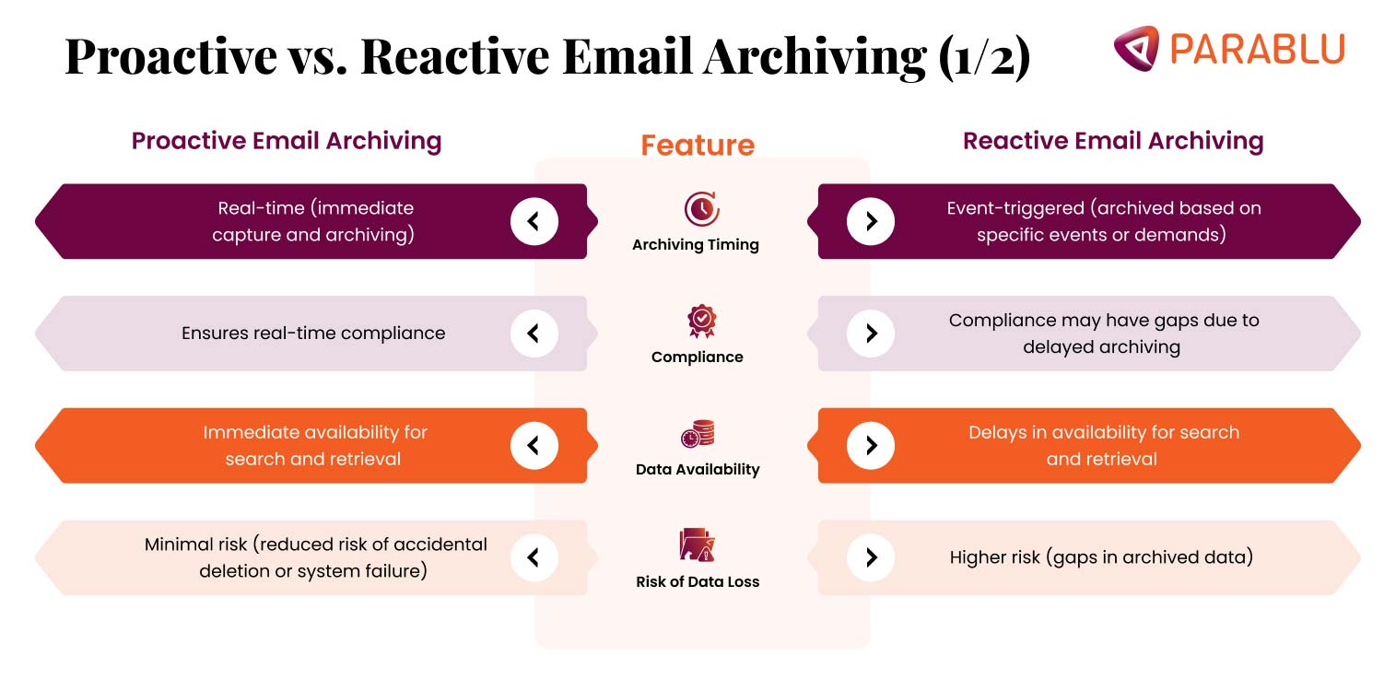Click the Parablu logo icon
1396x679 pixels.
click(1135, 48)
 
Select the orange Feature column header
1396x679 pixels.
click(698, 146)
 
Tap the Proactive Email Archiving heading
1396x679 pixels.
click(287, 141)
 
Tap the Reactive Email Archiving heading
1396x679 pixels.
click(1113, 141)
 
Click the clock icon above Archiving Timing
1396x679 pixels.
click(701, 209)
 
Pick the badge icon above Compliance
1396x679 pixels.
click(701, 322)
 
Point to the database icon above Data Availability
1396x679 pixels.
click(698, 434)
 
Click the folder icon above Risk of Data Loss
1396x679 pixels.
click(698, 545)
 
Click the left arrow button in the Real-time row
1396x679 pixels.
click(534, 221)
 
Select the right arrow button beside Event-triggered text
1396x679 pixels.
click(871, 221)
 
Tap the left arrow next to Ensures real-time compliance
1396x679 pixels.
click(534, 334)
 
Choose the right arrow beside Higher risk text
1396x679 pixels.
click(871, 557)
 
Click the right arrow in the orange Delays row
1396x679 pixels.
click(871, 446)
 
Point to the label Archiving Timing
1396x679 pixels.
click(696, 245)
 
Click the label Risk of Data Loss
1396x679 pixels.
click(698, 581)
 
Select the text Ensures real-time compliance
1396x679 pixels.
click(313, 334)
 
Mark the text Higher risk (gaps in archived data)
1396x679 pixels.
click(1101, 557)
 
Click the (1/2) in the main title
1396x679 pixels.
click(984, 57)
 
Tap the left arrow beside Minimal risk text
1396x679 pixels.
click(534, 557)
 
